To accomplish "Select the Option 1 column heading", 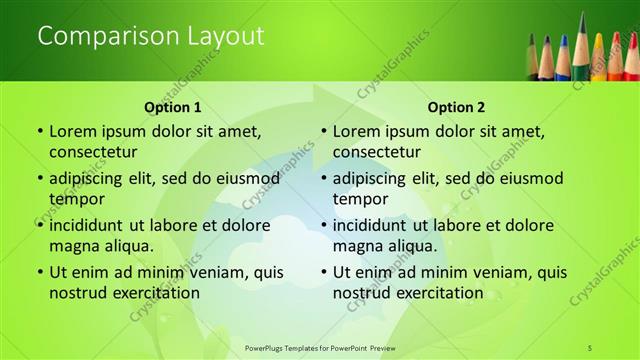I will tap(173, 107).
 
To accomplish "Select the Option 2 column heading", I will tap(456, 107).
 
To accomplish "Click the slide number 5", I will tap(590, 346).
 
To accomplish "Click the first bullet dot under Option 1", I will tap(39, 132).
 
